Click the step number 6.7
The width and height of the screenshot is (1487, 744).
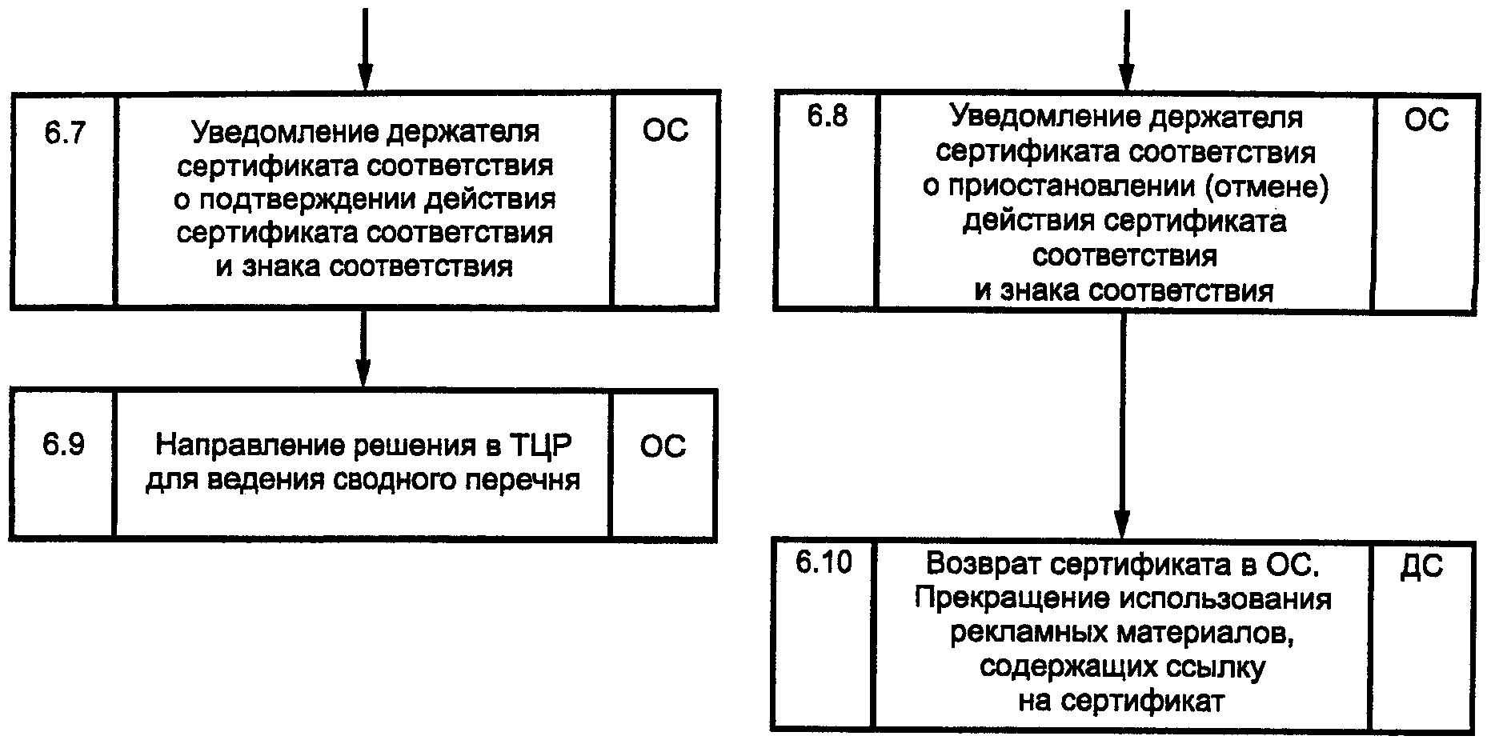point(64,132)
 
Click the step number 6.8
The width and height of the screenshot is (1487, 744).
point(827,117)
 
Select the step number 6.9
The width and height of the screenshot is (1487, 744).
point(63,445)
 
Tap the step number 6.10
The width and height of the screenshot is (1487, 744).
point(824,562)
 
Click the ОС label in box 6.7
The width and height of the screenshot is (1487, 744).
point(665,131)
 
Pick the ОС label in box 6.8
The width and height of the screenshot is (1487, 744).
point(1427,120)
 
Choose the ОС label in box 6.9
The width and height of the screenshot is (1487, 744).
point(663,446)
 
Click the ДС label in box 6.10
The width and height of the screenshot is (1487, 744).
point(1422,566)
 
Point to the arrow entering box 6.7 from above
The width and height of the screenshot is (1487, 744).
point(364,48)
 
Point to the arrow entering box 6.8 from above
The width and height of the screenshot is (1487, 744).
point(1126,48)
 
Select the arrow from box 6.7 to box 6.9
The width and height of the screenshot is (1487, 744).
point(363,348)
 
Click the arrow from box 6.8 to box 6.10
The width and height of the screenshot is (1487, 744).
point(1123,424)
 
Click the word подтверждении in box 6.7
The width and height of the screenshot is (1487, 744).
point(301,199)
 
